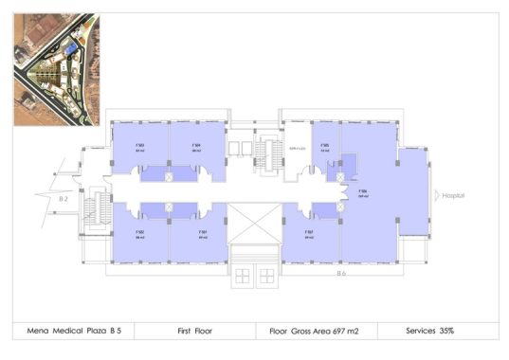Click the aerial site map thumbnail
point(54,69)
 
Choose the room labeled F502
point(139,234)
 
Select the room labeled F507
point(310,234)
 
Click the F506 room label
point(363,194)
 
